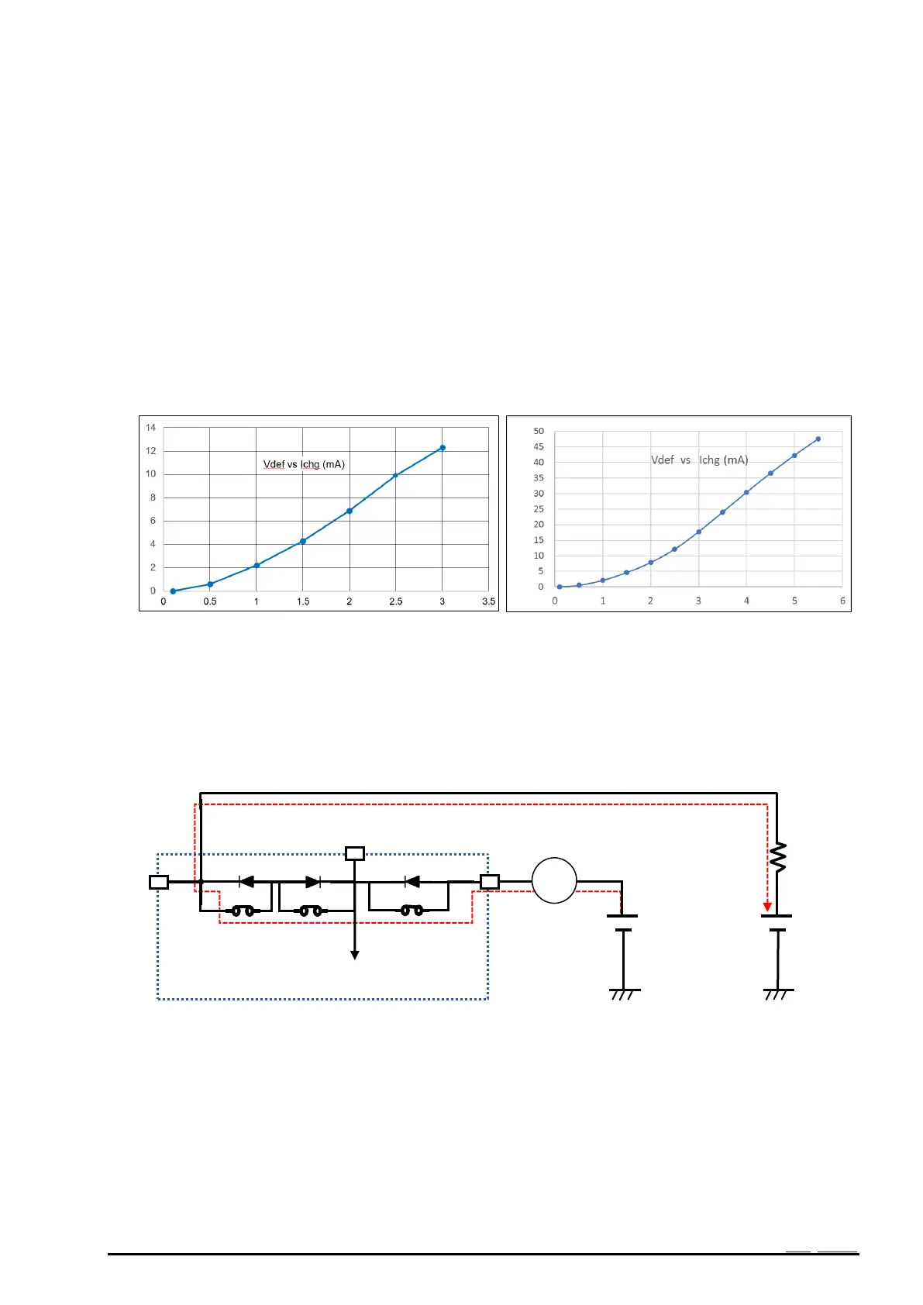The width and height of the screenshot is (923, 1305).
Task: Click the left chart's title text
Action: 304,464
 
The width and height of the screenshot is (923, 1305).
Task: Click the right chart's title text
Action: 699,460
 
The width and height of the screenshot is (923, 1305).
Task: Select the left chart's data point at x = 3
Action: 443,448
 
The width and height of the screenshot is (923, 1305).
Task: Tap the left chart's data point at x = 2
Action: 350,511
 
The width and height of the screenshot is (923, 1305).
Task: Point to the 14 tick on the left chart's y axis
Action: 151,428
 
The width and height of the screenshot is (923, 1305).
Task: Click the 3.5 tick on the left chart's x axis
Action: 488,601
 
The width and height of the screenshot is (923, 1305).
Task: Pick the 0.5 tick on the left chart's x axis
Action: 210,601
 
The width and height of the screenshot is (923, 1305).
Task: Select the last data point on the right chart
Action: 818,439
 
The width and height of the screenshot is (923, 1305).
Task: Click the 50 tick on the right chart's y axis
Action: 539,431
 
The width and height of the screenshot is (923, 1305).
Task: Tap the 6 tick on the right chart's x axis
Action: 842,601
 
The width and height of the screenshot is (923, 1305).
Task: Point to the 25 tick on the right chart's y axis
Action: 539,509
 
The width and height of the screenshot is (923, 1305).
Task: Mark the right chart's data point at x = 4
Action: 746,492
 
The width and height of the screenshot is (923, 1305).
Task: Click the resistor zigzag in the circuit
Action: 777,857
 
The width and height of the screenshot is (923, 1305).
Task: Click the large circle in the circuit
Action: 554,881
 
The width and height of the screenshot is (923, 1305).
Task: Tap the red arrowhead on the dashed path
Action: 767,907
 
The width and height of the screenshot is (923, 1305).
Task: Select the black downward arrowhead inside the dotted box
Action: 354,955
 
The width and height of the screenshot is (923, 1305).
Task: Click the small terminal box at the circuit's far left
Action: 159,882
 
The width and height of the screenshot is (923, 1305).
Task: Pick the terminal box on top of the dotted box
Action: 354,854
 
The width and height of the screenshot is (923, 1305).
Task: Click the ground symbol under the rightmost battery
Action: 778,993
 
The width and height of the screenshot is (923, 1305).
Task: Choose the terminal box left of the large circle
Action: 490,882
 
